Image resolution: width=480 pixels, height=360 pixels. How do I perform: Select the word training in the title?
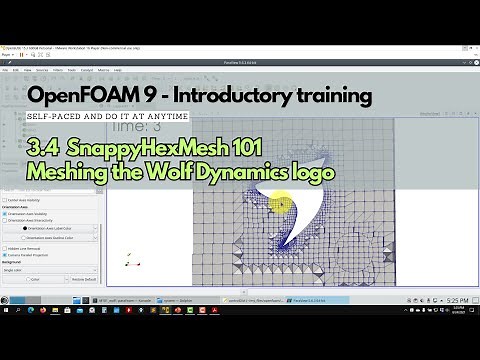point(333,96)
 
